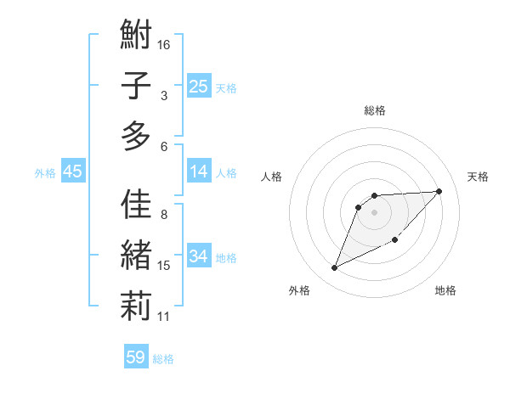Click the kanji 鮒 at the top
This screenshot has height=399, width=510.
(x=136, y=37)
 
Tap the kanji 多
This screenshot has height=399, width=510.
(x=136, y=136)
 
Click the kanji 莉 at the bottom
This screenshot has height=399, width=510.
(x=136, y=306)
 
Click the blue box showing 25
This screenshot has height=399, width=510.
(x=199, y=87)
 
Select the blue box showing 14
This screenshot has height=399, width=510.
(x=199, y=172)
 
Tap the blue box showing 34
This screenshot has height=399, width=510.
(x=199, y=257)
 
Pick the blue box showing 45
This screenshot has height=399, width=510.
(x=73, y=172)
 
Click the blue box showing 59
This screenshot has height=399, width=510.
(x=136, y=357)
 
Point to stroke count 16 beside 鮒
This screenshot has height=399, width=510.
(x=165, y=44)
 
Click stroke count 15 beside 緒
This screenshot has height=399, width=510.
(x=164, y=266)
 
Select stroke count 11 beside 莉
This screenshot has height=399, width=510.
(x=164, y=317)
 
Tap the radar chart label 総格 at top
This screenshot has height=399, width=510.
(x=375, y=110)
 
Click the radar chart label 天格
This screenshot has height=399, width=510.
(x=478, y=177)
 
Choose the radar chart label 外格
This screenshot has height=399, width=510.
(x=299, y=290)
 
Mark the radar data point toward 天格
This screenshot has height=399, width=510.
(x=439, y=191)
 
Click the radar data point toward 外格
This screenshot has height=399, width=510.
(x=334, y=268)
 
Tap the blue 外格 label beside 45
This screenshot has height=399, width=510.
(x=45, y=173)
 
